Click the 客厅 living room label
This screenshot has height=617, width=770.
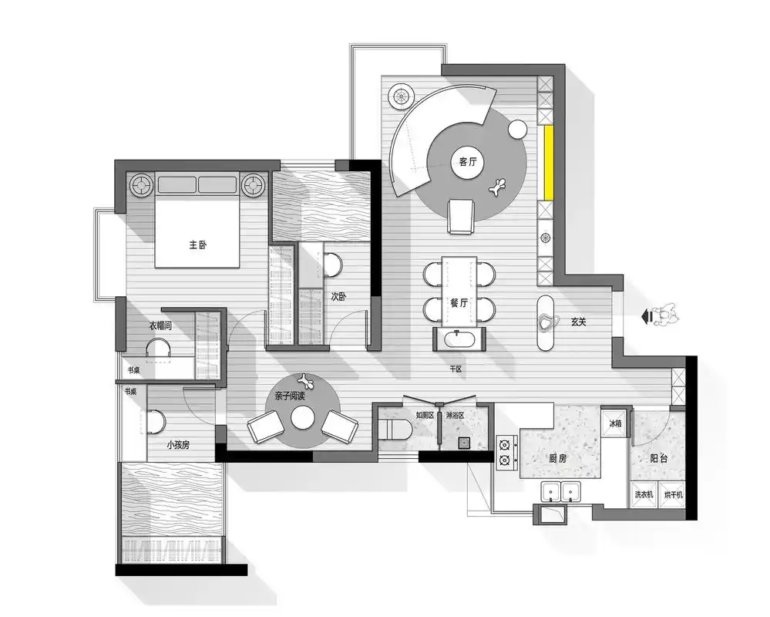point(468,161)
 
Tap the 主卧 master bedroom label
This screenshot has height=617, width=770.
point(198,244)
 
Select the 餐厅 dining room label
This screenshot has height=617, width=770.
point(459,303)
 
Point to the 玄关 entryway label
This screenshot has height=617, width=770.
point(579,322)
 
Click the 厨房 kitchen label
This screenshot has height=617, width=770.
point(557,459)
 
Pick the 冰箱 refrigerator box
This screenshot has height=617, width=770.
point(615,423)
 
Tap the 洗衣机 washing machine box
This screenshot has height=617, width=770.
point(644,494)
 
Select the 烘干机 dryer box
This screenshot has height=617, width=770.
point(672,494)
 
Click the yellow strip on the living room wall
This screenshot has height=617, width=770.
point(549,163)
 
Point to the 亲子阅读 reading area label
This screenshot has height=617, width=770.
point(290,396)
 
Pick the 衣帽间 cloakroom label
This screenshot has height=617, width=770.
point(160,325)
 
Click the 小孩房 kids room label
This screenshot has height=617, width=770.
point(178,445)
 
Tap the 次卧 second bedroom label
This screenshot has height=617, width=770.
point(338,296)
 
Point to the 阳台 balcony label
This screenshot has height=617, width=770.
point(658,458)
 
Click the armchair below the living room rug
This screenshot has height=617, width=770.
point(461,216)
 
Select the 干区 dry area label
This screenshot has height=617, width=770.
point(456,369)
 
